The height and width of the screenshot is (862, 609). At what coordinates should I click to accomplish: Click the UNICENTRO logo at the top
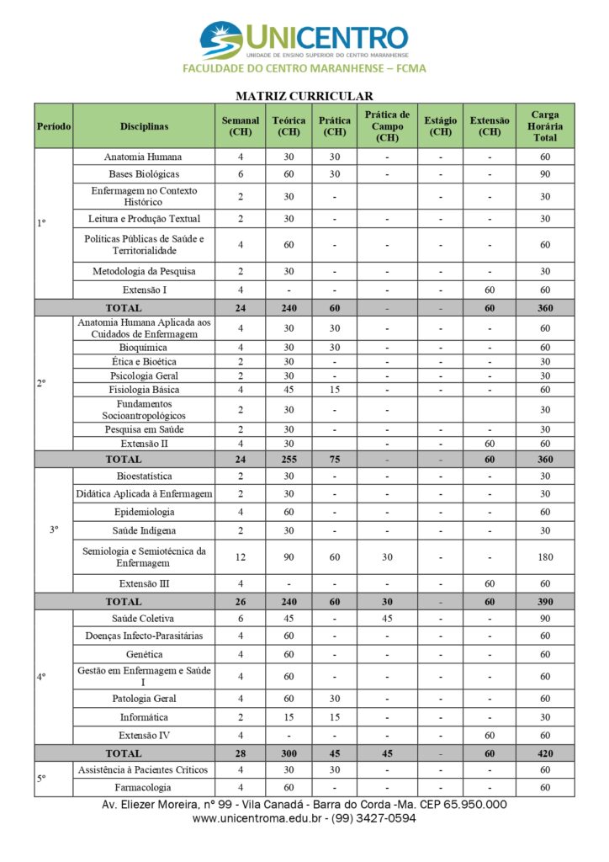[304, 40]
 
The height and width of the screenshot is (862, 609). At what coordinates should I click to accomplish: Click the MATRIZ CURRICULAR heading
[304, 96]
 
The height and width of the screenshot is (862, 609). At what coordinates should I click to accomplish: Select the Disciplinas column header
[144, 126]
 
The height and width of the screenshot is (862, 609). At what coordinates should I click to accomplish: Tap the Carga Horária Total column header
[545, 126]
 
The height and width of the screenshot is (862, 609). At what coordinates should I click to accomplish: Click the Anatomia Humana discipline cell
[143, 157]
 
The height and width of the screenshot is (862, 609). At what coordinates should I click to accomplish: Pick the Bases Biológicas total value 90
[545, 174]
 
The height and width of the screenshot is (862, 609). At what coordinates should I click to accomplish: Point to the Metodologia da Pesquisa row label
[144, 271]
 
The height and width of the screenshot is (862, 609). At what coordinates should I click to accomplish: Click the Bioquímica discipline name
[143, 347]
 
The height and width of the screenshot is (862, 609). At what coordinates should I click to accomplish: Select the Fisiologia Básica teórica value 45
[289, 390]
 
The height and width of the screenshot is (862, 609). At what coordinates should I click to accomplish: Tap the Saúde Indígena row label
[144, 530]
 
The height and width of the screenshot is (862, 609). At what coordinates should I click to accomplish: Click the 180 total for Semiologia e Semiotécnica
[545, 557]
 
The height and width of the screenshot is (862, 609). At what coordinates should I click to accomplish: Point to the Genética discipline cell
[144, 654]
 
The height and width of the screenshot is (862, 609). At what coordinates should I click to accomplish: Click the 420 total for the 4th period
[545, 753]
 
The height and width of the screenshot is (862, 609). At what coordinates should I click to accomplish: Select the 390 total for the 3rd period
[545, 602]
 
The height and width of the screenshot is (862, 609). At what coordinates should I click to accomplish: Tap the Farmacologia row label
[144, 788]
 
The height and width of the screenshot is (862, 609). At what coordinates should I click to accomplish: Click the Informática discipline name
[144, 717]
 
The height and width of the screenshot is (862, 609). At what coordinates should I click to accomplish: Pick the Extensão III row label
[144, 583]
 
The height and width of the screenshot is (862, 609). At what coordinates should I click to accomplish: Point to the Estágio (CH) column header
[440, 126]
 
